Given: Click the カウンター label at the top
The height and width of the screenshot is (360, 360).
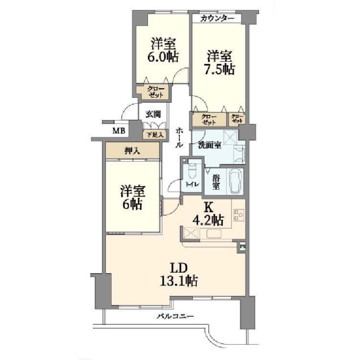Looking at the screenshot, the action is (217, 19).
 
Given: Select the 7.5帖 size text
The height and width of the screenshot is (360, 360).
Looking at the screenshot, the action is (219, 69).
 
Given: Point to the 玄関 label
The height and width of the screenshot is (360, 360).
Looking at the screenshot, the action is (153, 114).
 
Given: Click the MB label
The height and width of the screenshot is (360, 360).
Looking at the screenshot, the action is (119, 131).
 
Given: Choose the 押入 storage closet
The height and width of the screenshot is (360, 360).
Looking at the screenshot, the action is (133, 150).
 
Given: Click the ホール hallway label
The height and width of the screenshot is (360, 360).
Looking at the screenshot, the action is (179, 138).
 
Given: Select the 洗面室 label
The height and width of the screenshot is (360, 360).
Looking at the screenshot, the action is (210, 145).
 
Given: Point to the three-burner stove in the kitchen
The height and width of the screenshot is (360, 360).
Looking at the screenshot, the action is (239, 215).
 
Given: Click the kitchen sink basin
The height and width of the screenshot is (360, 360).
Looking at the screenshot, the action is (214, 234).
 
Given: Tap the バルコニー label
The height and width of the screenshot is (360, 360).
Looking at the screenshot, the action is (175, 317).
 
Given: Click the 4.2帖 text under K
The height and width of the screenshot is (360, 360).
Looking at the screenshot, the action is (208, 220).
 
